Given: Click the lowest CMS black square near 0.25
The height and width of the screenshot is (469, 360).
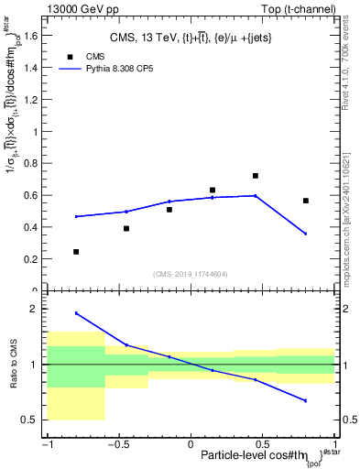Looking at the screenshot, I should point(76,251).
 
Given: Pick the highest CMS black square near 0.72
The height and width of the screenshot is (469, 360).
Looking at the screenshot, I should point(256,176).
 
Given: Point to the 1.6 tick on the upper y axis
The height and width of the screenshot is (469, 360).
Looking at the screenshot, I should point(34,38).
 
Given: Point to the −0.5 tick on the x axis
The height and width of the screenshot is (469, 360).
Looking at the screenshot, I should point(116,444).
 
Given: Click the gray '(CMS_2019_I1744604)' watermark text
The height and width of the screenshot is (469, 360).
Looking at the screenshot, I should point(191,274).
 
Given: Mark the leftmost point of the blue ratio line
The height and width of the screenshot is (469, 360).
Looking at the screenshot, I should point(76,313).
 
